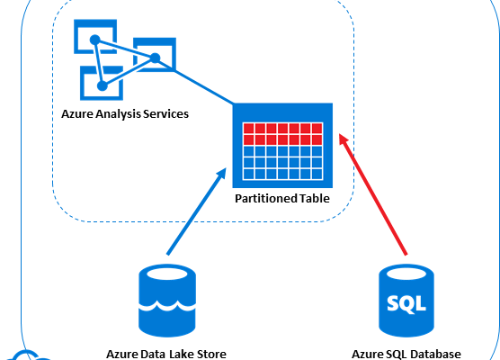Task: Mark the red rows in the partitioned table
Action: click(x=282, y=133)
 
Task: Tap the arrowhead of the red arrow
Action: click(x=344, y=139)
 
